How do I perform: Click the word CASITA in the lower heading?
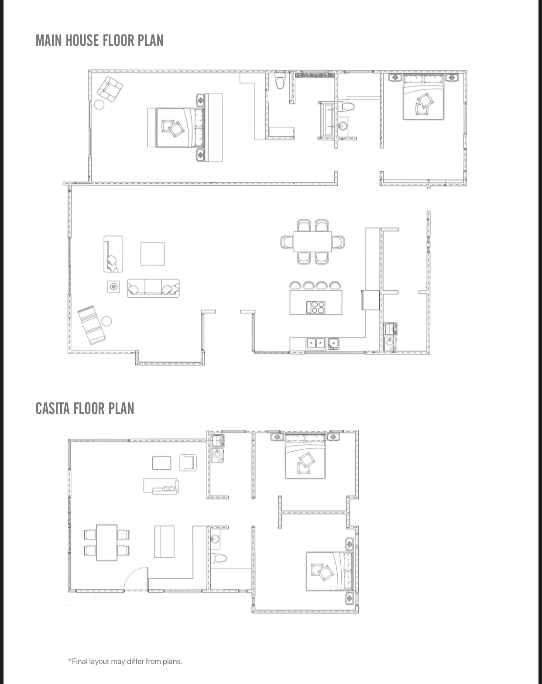coord(53,409)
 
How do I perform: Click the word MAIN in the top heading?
coord(49,41)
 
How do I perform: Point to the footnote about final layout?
coord(125,661)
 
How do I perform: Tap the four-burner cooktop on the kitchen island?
coord(316,307)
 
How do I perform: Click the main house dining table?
coord(312,242)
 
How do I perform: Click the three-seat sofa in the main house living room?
coord(153,289)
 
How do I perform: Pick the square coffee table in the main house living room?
coord(152,254)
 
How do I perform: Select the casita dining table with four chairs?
coord(106,543)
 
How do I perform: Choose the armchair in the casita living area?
coord(188,463)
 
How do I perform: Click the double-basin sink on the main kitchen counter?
coord(316,344)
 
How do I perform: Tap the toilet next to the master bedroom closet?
coord(280,80)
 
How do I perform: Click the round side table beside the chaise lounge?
coord(106,322)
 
